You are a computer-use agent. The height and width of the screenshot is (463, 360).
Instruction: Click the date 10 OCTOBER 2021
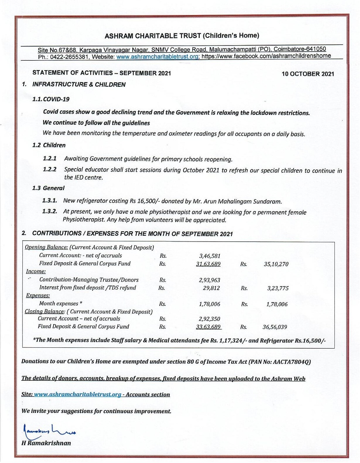tap(308, 74)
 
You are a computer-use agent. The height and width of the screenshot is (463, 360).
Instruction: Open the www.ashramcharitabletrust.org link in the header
tap(157, 57)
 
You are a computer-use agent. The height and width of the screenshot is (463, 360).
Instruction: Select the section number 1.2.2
tap(50, 169)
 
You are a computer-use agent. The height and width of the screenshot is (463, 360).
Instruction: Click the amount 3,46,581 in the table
tap(209, 256)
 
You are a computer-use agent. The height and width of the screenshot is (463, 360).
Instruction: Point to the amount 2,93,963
tap(209, 280)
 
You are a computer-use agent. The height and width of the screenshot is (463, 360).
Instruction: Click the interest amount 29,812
tap(212, 287)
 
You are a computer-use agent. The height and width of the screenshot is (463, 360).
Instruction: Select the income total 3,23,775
tap(278, 288)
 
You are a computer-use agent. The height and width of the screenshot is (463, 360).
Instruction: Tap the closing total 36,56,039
tap(276, 327)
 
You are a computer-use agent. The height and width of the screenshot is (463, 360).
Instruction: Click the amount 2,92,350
tap(209, 319)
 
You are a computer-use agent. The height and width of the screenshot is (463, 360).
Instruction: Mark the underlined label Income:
tap(36, 272)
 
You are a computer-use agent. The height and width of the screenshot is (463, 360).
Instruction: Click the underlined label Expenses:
tap(38, 296)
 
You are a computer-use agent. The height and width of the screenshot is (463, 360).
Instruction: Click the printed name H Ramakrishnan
tap(46, 443)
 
